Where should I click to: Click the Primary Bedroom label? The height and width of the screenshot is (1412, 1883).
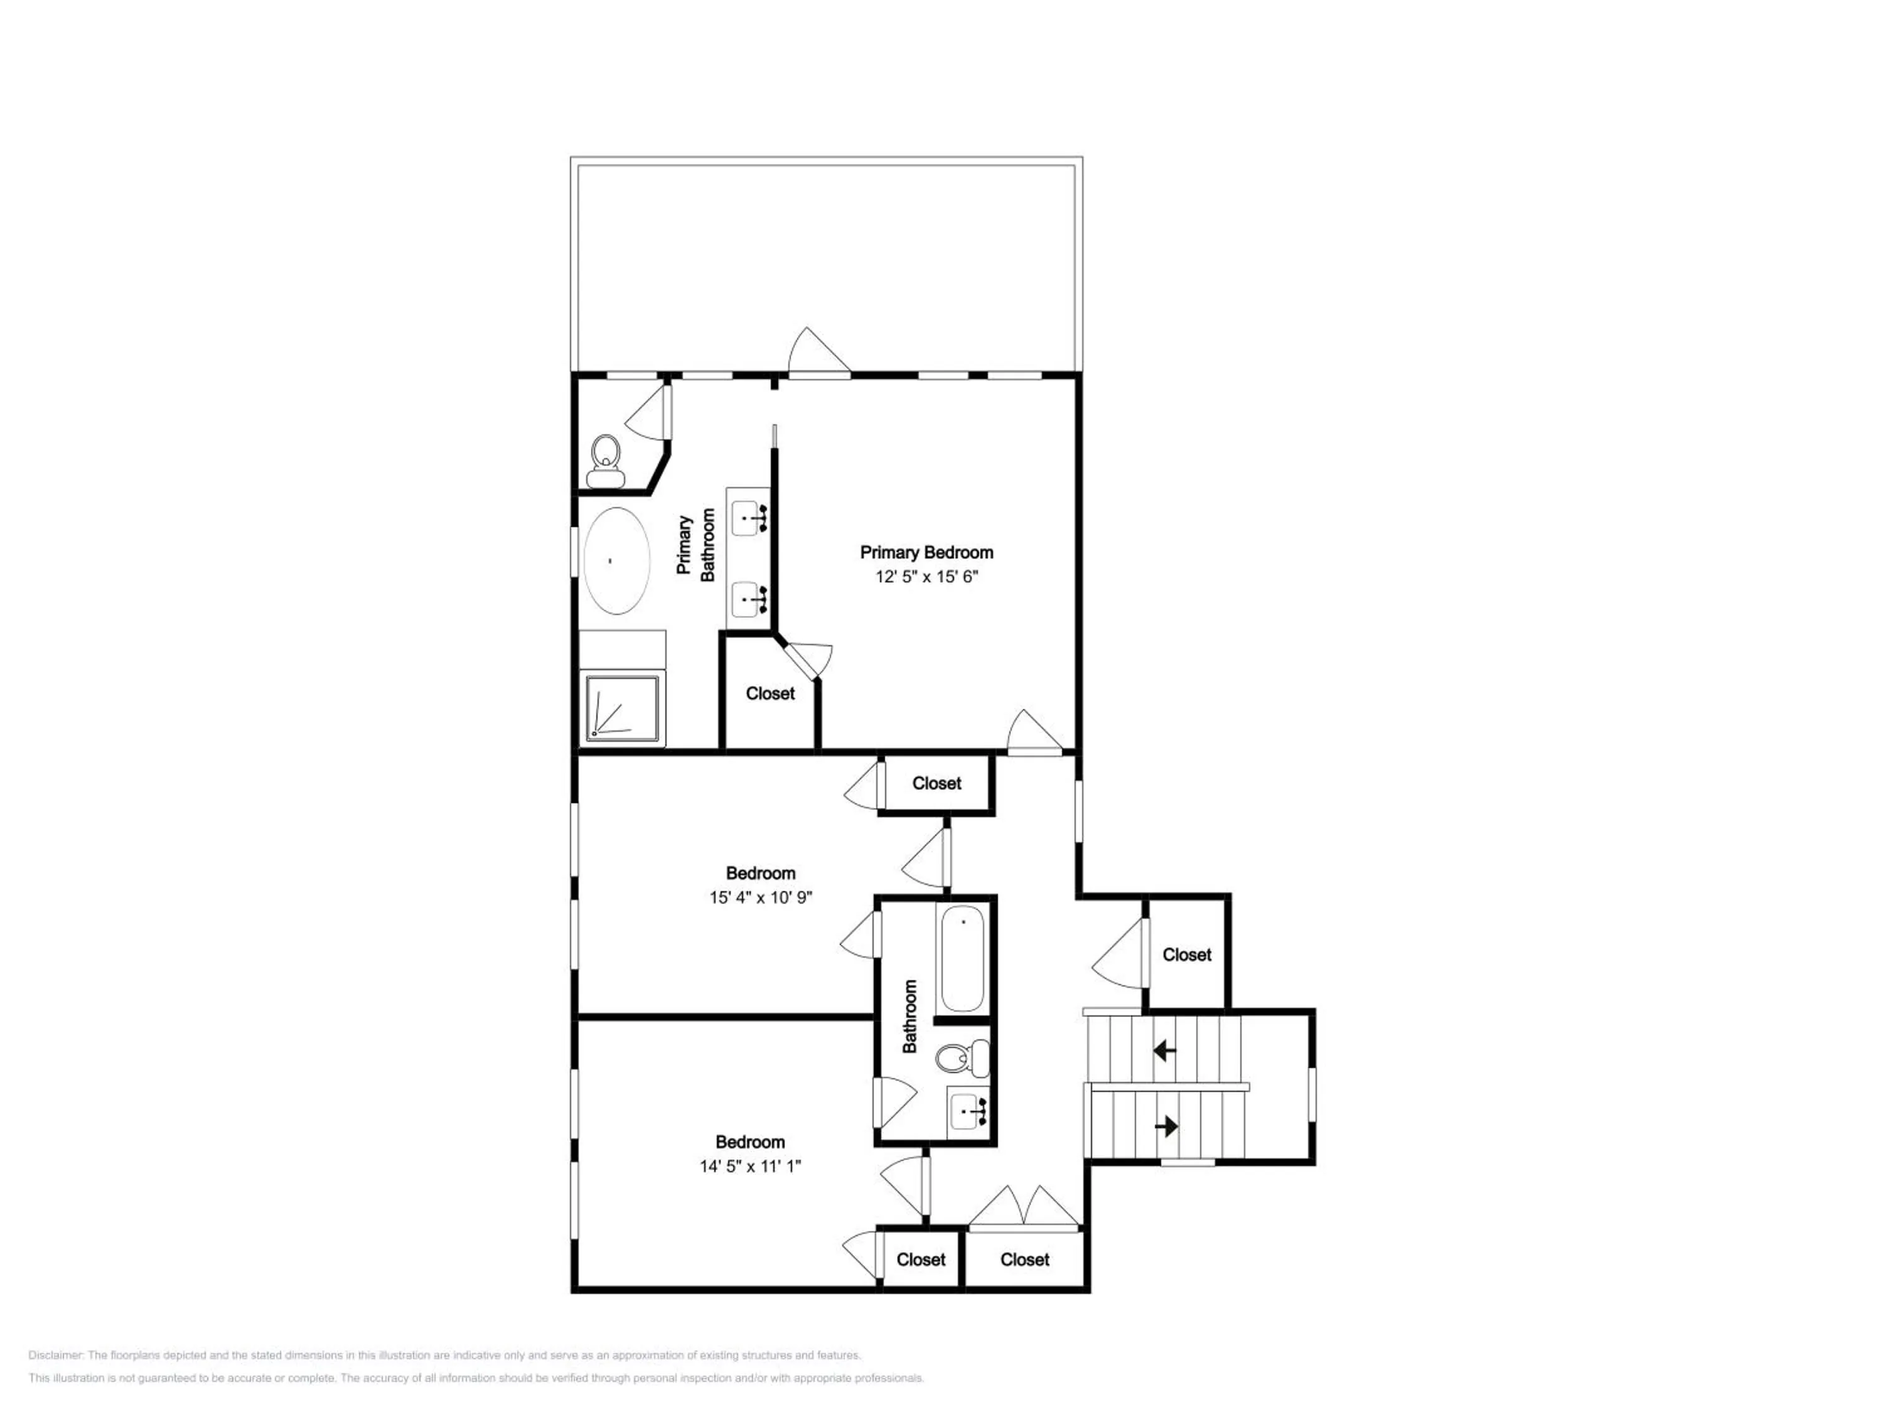tap(926, 552)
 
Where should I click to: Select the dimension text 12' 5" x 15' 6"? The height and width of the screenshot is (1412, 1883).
tap(926, 576)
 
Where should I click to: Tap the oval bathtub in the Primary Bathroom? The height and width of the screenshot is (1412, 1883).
tap(616, 561)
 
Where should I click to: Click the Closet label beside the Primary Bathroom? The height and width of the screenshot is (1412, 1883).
tap(770, 693)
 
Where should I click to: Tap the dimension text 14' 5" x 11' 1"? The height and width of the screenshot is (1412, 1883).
tap(750, 1166)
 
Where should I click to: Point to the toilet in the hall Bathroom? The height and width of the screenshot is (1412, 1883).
tap(963, 1059)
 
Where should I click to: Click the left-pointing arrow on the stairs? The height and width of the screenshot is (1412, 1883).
tap(1164, 1051)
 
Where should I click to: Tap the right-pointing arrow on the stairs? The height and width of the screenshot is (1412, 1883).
tap(1166, 1127)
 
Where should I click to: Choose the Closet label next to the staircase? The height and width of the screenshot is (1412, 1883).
tap(1187, 955)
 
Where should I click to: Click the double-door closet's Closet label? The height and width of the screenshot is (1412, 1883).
tap(1024, 1260)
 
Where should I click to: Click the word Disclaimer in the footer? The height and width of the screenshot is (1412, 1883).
tap(56, 1355)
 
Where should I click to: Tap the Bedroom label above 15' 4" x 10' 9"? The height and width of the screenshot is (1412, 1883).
tap(760, 874)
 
